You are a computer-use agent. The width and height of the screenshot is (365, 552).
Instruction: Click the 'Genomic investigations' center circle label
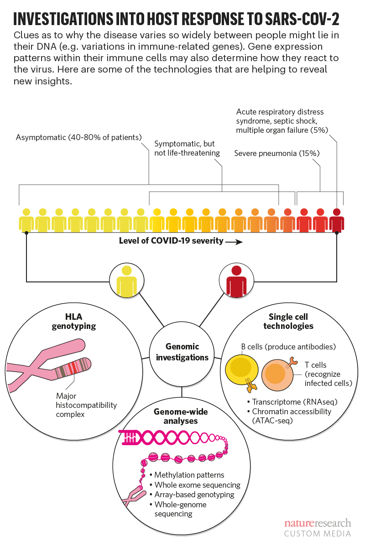[x=182, y=352]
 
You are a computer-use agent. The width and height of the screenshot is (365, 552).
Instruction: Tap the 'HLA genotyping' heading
[x=81, y=320]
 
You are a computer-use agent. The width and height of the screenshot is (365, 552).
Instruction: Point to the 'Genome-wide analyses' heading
[x=181, y=416]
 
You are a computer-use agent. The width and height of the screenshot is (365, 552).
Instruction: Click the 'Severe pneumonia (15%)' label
[x=277, y=153]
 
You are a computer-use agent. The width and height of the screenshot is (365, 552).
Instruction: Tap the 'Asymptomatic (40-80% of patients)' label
[x=79, y=137]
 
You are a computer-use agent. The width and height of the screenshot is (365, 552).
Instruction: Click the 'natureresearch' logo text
[x=318, y=523]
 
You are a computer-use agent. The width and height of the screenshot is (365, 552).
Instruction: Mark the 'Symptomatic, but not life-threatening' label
[x=184, y=148]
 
